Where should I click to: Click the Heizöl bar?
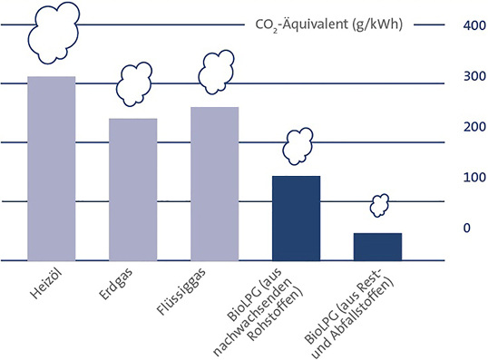[x=52, y=168]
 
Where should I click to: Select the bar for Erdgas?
[x=134, y=189]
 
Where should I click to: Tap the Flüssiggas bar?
[x=215, y=183]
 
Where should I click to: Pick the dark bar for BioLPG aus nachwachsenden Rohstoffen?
[x=297, y=218]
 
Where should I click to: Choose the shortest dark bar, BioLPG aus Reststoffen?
[x=377, y=246]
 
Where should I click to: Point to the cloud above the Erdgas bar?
[x=136, y=83]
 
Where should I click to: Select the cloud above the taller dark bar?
[x=298, y=144]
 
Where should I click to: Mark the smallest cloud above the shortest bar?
[x=379, y=206]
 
